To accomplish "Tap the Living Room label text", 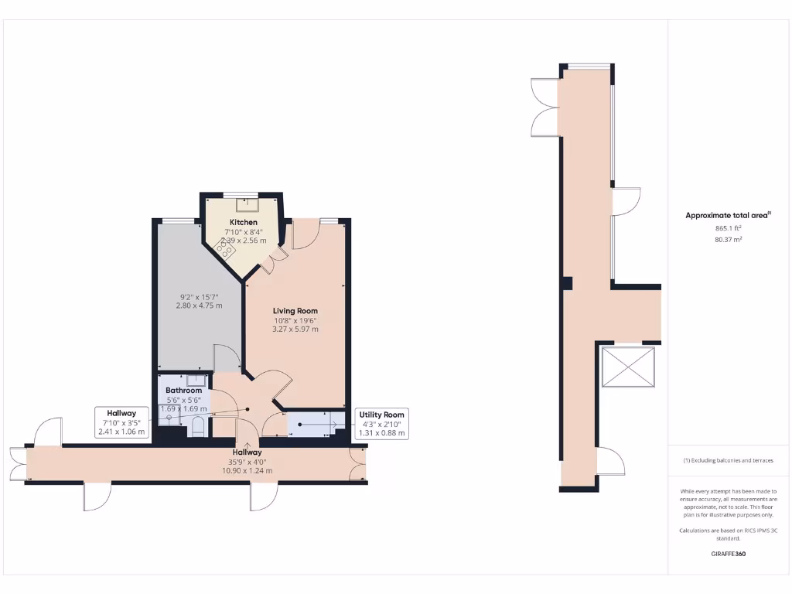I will (295, 311).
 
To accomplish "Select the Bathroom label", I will (183, 391).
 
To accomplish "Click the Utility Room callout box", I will (381, 424).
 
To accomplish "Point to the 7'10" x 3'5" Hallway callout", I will (121, 422).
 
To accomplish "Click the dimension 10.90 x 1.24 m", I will (249, 471).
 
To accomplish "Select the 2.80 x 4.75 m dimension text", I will (199, 306).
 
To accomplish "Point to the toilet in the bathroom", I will (199, 425).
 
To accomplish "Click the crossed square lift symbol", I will (628, 370).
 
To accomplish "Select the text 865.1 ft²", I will (727, 229).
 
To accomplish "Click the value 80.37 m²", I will (727, 240).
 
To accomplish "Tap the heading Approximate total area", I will (727, 216).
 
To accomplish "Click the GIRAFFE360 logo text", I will (727, 554).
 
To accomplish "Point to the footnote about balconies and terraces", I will (727, 460).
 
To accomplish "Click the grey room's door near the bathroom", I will (226, 357).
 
